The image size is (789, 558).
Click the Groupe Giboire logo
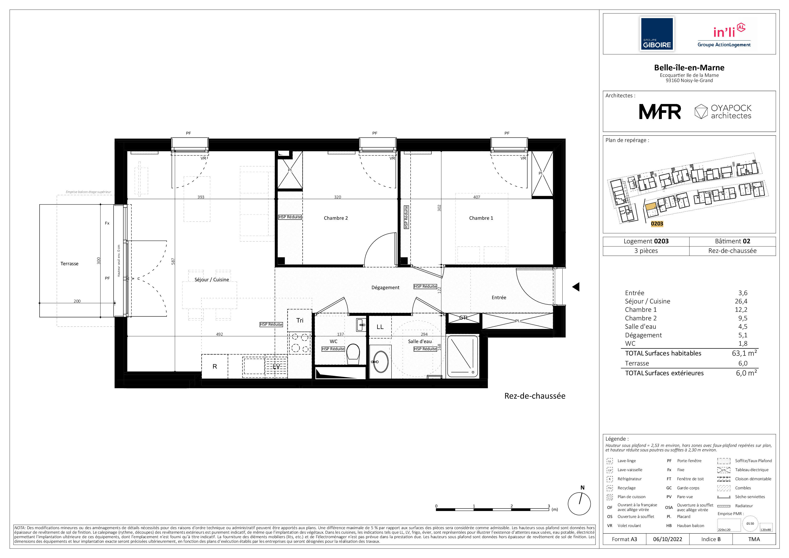[657, 34]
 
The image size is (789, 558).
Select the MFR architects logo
[660, 112]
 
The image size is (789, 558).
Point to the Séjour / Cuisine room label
[212, 280]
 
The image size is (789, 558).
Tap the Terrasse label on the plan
[69, 264]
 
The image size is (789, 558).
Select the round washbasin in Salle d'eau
[381, 361]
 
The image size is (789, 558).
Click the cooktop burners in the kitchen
[300, 343]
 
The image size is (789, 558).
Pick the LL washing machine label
[380, 327]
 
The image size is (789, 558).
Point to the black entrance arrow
[576, 287]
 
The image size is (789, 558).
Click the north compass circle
[579, 504]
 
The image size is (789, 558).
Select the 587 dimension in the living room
[173, 261]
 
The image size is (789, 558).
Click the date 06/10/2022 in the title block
[668, 539]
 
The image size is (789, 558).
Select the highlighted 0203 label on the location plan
[657, 224]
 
